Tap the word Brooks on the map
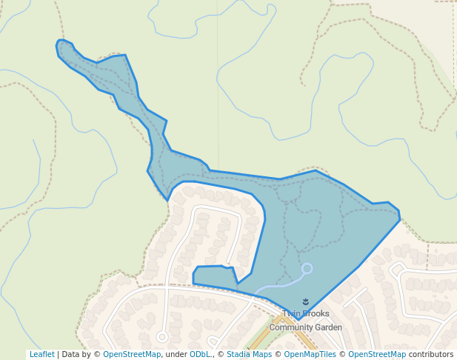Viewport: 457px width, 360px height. click(316, 314)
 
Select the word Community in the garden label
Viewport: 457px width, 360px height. click(292, 327)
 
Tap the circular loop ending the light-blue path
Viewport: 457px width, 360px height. click(307, 268)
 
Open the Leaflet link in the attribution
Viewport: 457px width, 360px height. click(41, 355)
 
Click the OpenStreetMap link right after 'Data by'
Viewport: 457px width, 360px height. click(132, 355)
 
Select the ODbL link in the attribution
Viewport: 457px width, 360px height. click(200, 355)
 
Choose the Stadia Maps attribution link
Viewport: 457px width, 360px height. click(249, 355)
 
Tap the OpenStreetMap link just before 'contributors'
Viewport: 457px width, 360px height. click(377, 355)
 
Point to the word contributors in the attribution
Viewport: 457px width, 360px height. click(431, 355)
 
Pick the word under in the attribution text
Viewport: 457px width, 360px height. click(176, 355)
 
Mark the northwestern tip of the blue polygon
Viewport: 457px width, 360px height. click(59, 42)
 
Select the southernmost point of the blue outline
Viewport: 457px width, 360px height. click(296, 322)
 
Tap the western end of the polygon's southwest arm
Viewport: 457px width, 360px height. click(194, 275)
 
